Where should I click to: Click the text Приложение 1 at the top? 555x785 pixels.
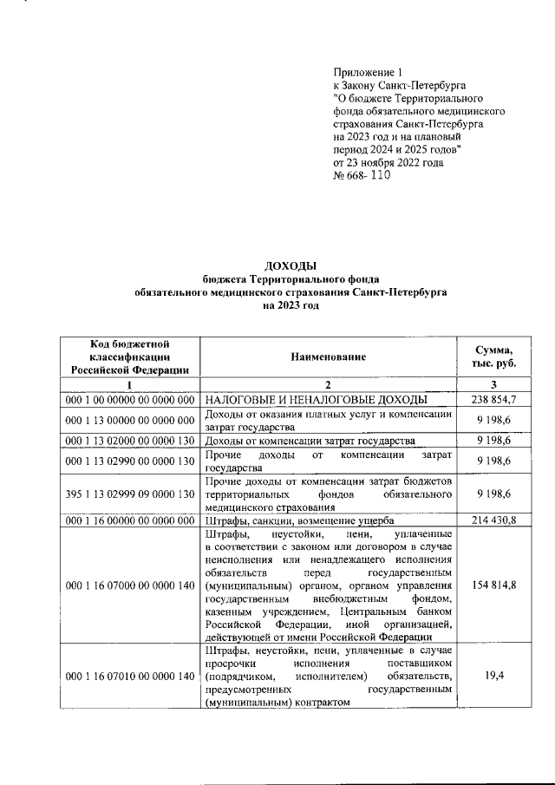pos(369,74)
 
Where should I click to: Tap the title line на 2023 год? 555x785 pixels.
pos(291,307)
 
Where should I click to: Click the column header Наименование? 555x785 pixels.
pos(329,357)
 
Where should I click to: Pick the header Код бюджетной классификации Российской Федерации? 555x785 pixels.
pos(129,357)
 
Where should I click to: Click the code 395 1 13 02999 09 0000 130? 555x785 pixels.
pos(129,494)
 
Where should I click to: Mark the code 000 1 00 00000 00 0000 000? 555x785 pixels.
pos(129,399)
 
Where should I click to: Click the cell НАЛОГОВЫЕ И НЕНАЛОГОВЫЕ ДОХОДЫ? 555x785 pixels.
pos(316,399)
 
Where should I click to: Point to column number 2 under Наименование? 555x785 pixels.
pos(329,384)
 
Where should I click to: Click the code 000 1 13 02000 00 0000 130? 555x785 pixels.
pos(129,441)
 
